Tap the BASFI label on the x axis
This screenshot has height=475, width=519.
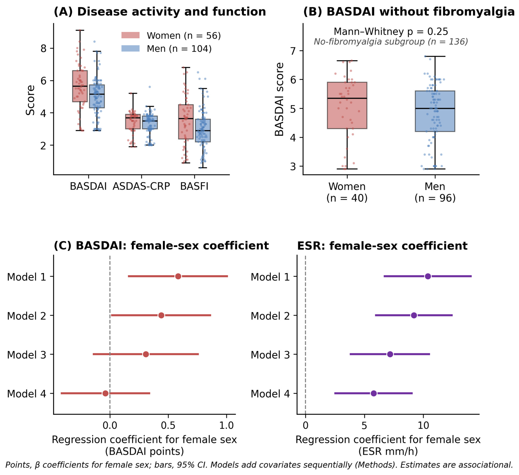click(x=194, y=186)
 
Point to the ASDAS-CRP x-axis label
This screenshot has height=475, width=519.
click(x=141, y=186)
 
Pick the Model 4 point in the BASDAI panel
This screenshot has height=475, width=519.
click(x=105, y=393)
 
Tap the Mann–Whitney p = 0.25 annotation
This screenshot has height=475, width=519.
click(x=391, y=31)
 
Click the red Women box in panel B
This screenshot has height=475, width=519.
click(x=347, y=105)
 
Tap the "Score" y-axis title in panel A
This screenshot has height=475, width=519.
click(x=30, y=100)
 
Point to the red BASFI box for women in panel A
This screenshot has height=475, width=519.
click(x=186, y=122)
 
